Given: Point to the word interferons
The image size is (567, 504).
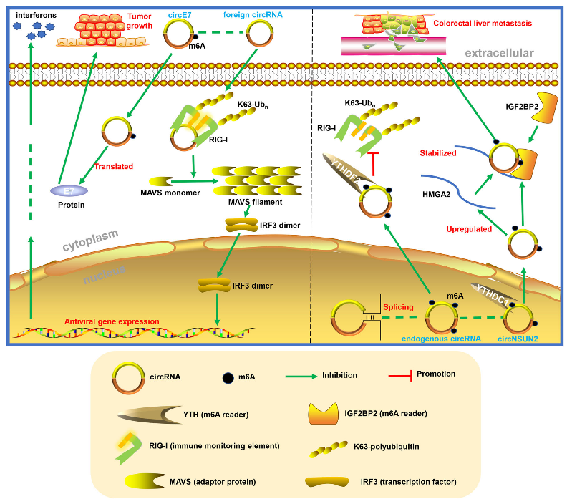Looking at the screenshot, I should click(x=36, y=14).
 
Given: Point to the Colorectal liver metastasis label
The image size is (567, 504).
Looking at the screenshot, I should click(x=485, y=23).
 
